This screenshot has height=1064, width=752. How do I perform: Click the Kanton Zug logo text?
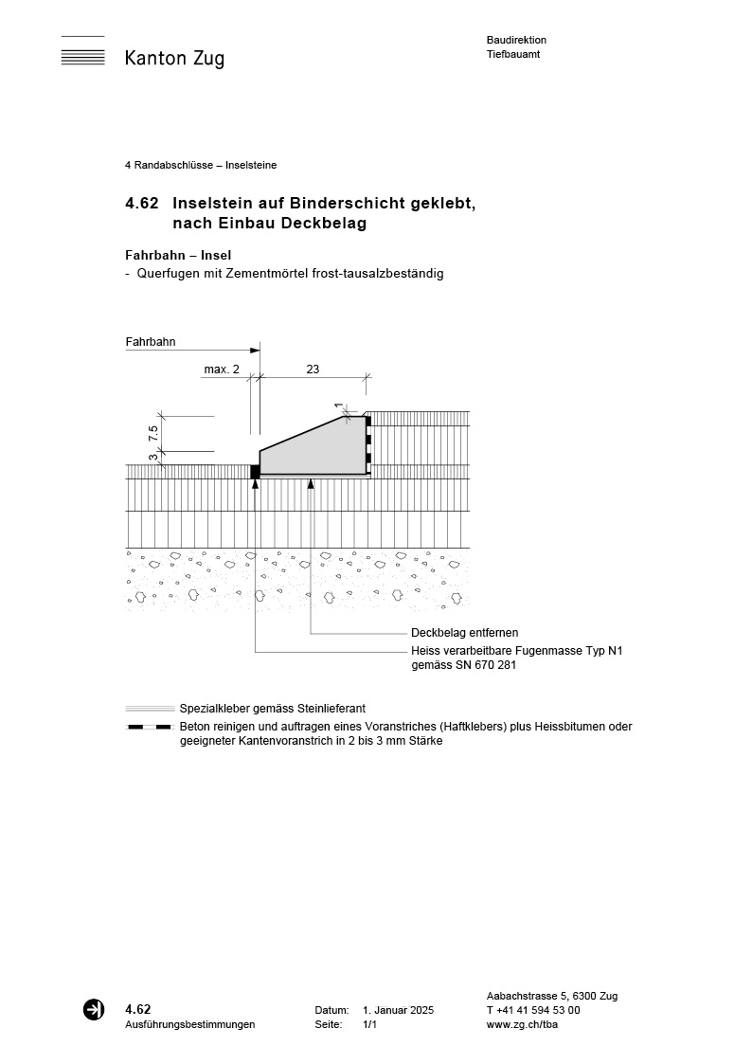tap(174, 59)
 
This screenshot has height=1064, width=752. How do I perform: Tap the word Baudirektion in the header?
tap(516, 40)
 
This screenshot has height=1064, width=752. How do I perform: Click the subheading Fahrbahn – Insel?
tap(178, 255)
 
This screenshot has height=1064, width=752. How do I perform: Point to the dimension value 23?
tap(313, 370)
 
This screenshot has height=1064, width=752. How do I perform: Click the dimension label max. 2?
tap(222, 370)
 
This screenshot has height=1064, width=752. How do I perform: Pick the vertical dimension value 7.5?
tap(153, 434)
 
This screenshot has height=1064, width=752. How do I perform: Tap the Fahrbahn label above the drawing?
tap(151, 342)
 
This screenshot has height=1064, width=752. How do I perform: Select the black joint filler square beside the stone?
tap(255, 471)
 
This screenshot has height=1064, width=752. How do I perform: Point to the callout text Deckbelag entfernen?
tap(464, 633)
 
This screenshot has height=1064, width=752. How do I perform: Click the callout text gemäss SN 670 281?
tap(463, 665)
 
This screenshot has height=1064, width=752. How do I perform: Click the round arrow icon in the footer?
tap(94, 1010)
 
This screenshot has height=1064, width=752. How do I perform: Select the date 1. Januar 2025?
tap(398, 1011)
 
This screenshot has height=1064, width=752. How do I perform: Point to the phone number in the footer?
tap(533, 1011)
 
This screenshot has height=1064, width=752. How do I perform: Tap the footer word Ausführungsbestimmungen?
tap(189, 1025)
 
